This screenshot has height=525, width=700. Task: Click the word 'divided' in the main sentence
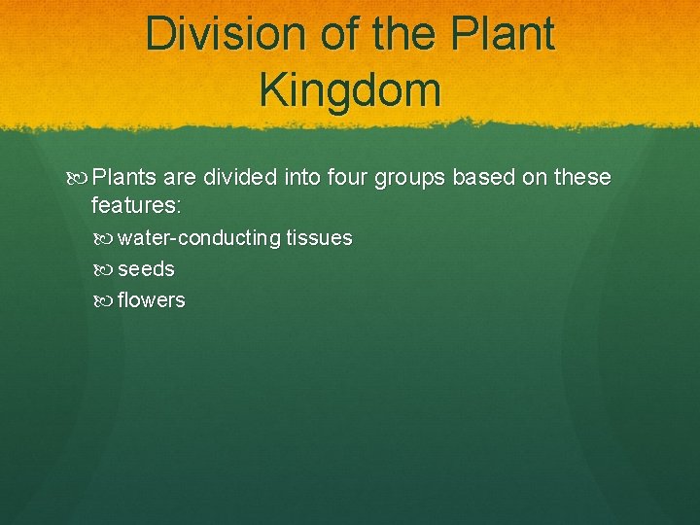pyautogui.click(x=240, y=178)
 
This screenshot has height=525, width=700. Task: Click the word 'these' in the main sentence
pyautogui.click(x=581, y=178)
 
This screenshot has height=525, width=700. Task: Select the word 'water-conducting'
pyautogui.click(x=199, y=238)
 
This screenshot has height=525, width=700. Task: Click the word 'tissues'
pyautogui.click(x=319, y=238)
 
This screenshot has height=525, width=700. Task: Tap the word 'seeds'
pyautogui.click(x=146, y=269)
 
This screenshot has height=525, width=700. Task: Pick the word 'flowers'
pyautogui.click(x=151, y=300)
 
